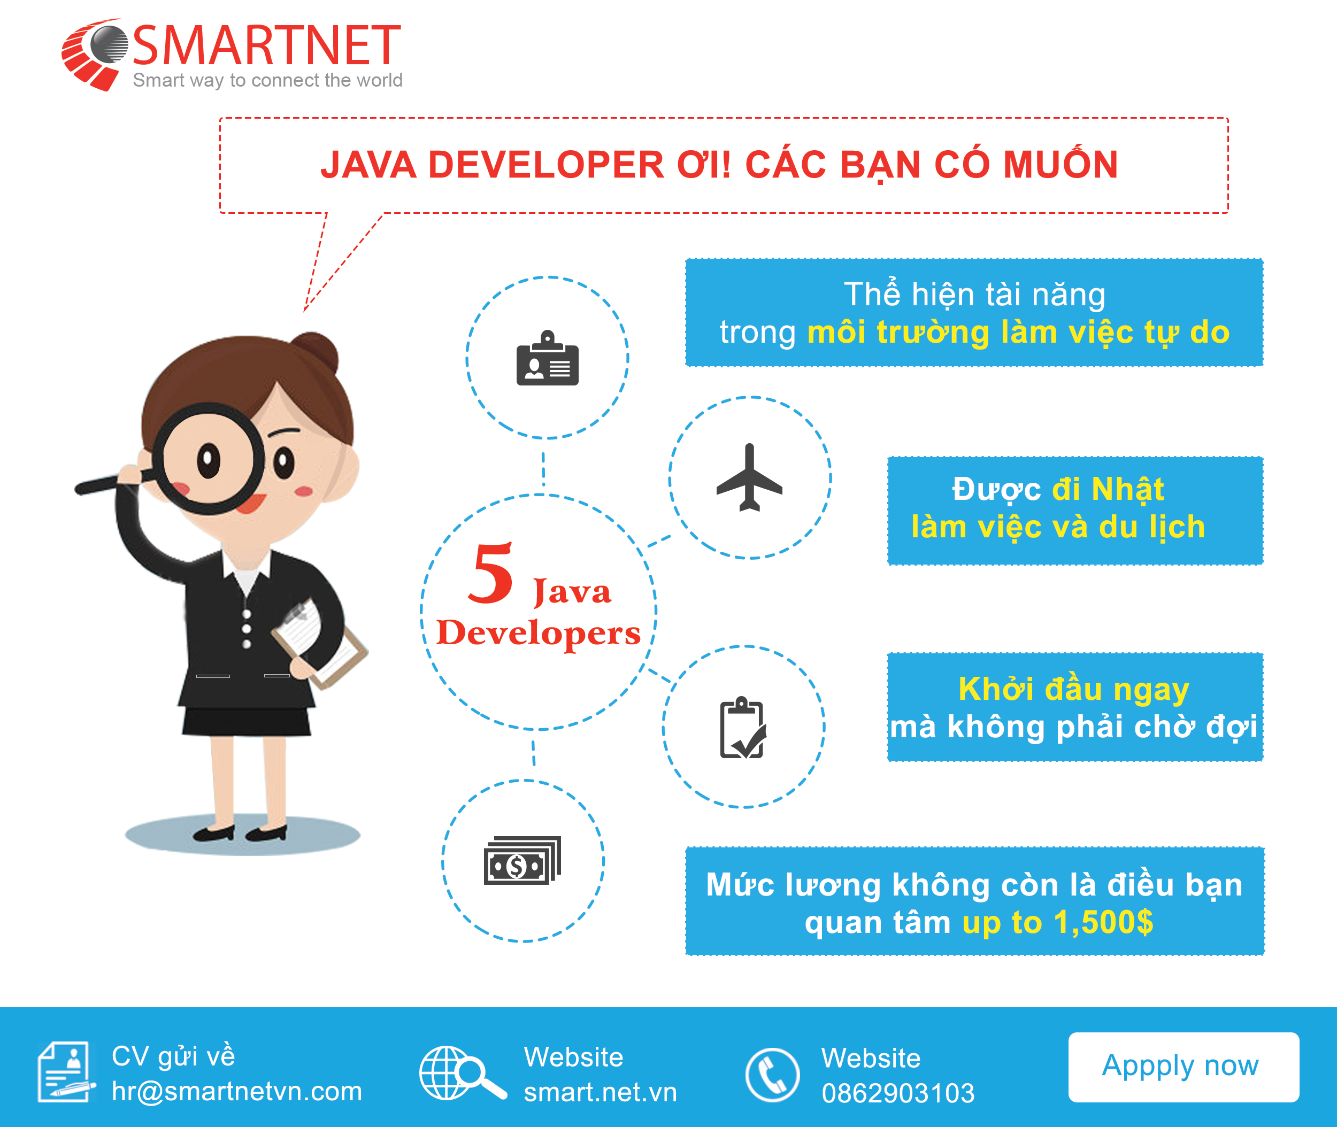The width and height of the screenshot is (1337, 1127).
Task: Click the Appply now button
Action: tap(1183, 1067)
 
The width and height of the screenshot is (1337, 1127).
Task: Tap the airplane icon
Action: tap(749, 477)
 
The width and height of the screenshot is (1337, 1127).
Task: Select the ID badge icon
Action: tap(547, 358)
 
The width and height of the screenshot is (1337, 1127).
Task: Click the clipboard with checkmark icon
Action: tap(743, 727)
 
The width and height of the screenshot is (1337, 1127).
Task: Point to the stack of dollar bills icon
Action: tap(522, 860)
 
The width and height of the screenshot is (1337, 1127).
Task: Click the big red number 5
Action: tap(490, 573)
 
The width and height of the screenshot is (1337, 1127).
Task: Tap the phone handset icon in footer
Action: tap(772, 1075)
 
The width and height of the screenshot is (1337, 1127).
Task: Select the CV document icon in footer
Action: tap(66, 1072)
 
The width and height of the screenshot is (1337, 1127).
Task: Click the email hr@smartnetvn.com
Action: tap(236, 1091)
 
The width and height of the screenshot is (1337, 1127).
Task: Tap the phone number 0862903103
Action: tap(898, 1093)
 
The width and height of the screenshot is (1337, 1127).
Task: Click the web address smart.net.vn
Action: tap(600, 1092)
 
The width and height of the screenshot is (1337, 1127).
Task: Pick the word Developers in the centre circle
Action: tap(538, 633)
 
